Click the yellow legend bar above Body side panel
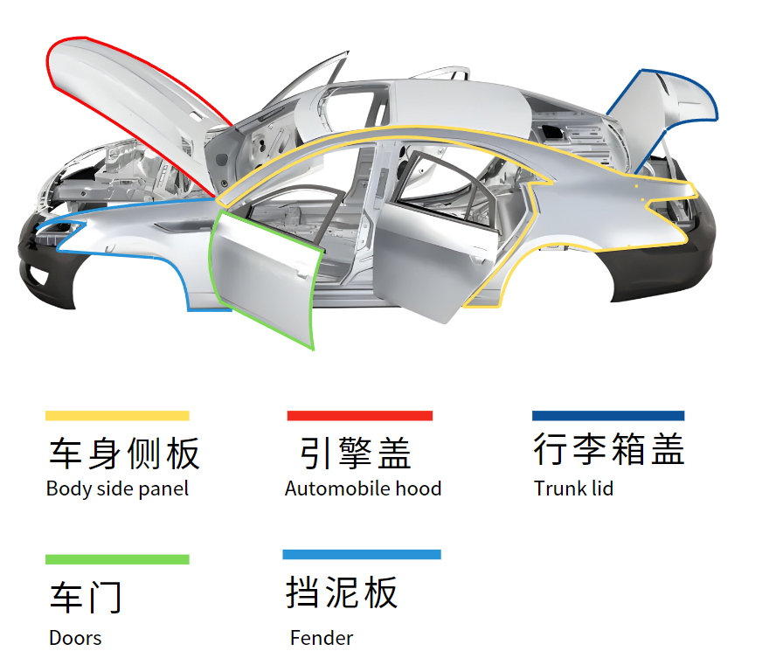coord(117,416)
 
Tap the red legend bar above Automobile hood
coord(360,416)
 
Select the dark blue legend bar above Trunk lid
coord(608,416)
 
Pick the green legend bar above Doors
coord(117,559)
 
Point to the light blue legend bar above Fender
coord(362,555)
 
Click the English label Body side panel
coord(117,489)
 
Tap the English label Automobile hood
coord(363,489)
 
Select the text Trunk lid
coord(573,489)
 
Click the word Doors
coord(75,638)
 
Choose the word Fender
coord(322,638)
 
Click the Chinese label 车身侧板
coord(124,454)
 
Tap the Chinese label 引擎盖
coord(355,453)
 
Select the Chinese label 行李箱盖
coord(609,448)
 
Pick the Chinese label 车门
coord(86,598)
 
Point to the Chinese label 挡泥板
coord(342,592)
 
